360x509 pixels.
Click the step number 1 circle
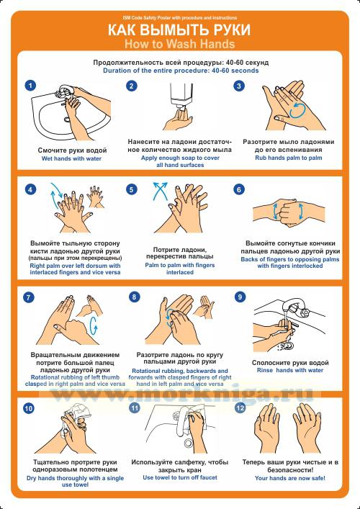click(30, 86)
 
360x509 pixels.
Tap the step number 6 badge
click(239, 189)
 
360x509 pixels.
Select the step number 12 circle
click(240, 408)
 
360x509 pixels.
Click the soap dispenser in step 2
click(181, 96)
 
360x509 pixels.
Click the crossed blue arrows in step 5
click(160, 190)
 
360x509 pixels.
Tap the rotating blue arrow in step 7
click(94, 325)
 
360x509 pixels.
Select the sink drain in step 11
click(188, 443)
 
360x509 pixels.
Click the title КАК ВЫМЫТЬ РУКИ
click(179, 30)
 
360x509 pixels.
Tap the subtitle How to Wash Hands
click(179, 44)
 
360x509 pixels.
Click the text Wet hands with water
click(71, 158)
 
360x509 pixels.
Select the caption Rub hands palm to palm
click(289, 158)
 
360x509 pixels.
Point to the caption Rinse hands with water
click(290, 370)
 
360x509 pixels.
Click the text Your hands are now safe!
click(290, 478)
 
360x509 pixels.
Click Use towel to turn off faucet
click(180, 477)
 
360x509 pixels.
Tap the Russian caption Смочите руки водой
click(72, 150)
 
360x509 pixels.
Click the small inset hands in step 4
click(96, 197)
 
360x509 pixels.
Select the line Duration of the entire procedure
click(181, 70)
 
